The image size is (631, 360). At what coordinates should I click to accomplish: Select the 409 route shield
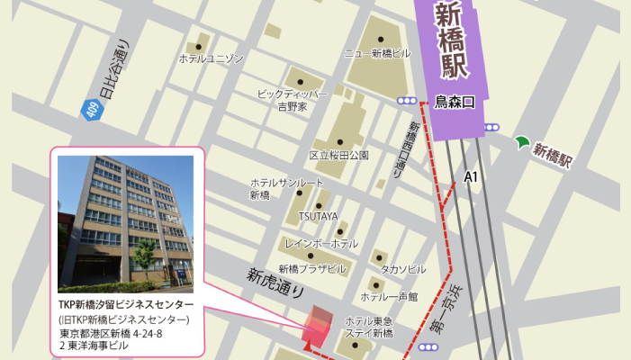[x=90, y=111]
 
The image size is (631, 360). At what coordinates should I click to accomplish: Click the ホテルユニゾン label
[x=212, y=58]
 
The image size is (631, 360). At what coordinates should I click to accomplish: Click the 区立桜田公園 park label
[x=339, y=155]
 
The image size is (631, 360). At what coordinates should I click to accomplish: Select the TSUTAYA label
[x=319, y=216]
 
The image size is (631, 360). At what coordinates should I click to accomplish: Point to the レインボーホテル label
[x=321, y=244]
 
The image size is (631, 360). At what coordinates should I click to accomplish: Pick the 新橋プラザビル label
[x=311, y=268]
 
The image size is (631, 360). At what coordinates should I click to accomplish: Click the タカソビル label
[x=402, y=269]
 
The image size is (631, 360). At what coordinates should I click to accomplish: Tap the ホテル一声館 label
[x=389, y=295]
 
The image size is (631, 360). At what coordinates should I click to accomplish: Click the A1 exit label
[x=470, y=177]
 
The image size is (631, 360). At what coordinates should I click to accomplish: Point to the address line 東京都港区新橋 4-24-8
[x=111, y=334]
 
